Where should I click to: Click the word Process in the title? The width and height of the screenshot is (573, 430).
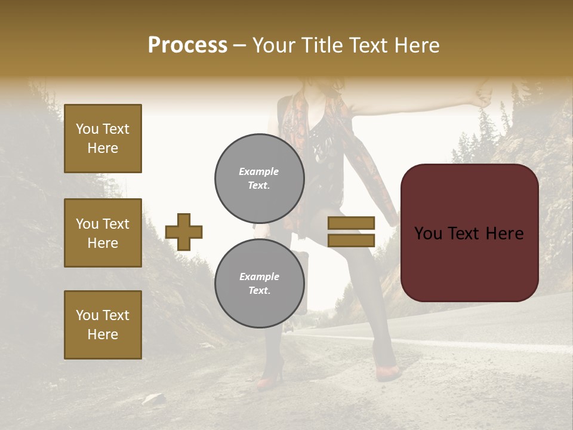click(187, 45)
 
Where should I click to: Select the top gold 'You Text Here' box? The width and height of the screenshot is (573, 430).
click(103, 139)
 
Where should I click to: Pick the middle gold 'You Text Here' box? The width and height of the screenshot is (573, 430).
click(103, 233)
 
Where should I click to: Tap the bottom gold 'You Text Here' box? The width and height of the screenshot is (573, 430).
click(103, 325)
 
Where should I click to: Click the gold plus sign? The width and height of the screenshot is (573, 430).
click(184, 232)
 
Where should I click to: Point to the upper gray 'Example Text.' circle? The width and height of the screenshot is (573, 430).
click(259, 178)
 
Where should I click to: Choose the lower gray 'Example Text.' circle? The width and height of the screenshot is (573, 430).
click(259, 284)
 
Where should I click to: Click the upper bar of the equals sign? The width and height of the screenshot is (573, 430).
click(351, 223)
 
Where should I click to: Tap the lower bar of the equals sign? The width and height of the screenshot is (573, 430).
click(351, 240)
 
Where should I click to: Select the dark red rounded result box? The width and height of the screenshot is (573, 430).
click(469, 233)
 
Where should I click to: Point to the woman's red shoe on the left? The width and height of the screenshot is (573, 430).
click(270, 380)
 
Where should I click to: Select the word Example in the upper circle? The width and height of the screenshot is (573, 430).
click(258, 171)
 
